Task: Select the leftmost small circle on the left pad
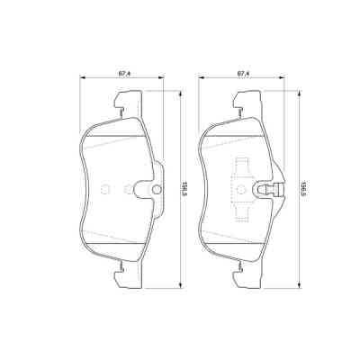(x=104, y=189)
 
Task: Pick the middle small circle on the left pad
(x=128, y=189)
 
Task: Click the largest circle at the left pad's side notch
(x=156, y=189)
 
